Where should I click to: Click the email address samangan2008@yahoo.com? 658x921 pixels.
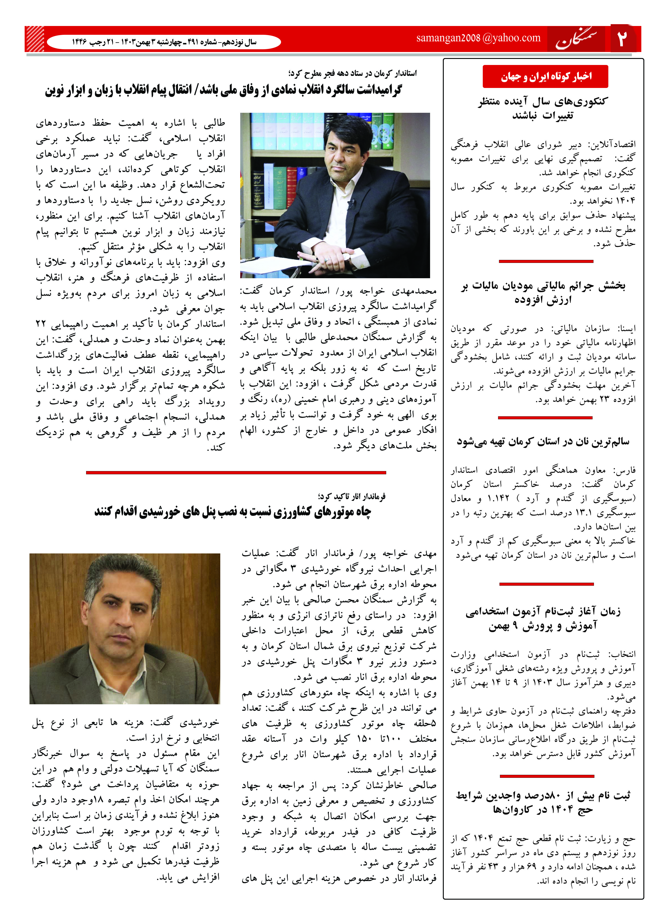(478, 38)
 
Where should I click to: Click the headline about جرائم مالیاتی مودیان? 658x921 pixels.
(543, 293)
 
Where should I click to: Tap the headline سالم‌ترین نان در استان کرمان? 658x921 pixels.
(543, 441)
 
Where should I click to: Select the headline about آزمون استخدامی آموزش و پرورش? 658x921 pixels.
(543, 618)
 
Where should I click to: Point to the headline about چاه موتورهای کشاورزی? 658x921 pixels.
(233, 512)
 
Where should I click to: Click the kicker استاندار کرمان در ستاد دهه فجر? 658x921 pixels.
(353, 73)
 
